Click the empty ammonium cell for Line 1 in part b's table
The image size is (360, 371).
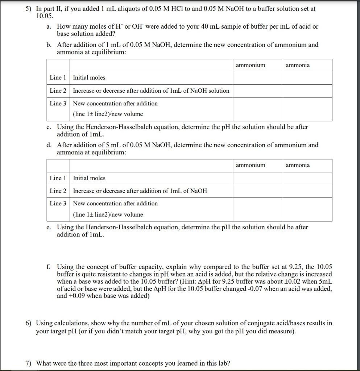258,78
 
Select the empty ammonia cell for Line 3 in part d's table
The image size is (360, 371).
307,209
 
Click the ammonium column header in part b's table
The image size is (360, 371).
251,65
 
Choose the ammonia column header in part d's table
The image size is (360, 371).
298,165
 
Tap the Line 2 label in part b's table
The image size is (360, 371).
58,91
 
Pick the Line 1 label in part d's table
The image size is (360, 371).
58,178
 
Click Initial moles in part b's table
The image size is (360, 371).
89,78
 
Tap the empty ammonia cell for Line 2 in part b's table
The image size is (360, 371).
307,91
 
